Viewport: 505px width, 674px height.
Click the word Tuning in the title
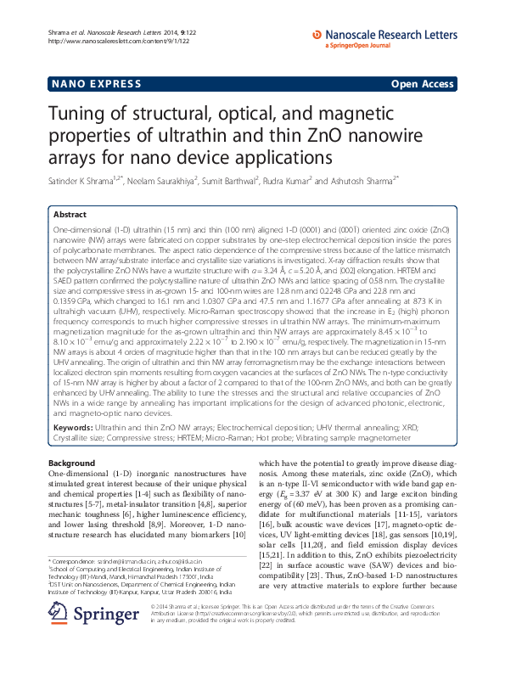click(81, 116)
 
